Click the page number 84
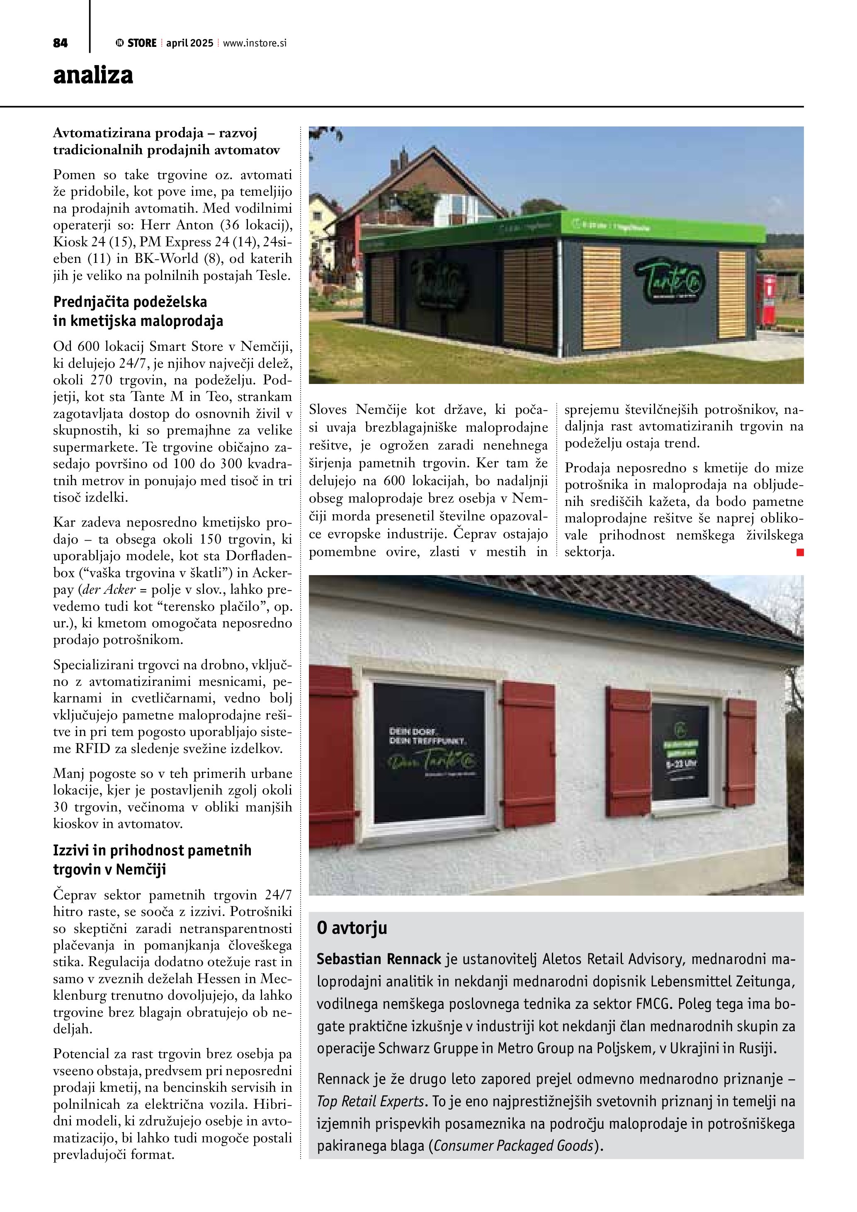(60, 43)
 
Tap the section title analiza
(93, 75)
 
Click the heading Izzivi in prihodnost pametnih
(152, 850)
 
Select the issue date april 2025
(189, 43)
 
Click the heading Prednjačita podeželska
(130, 302)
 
